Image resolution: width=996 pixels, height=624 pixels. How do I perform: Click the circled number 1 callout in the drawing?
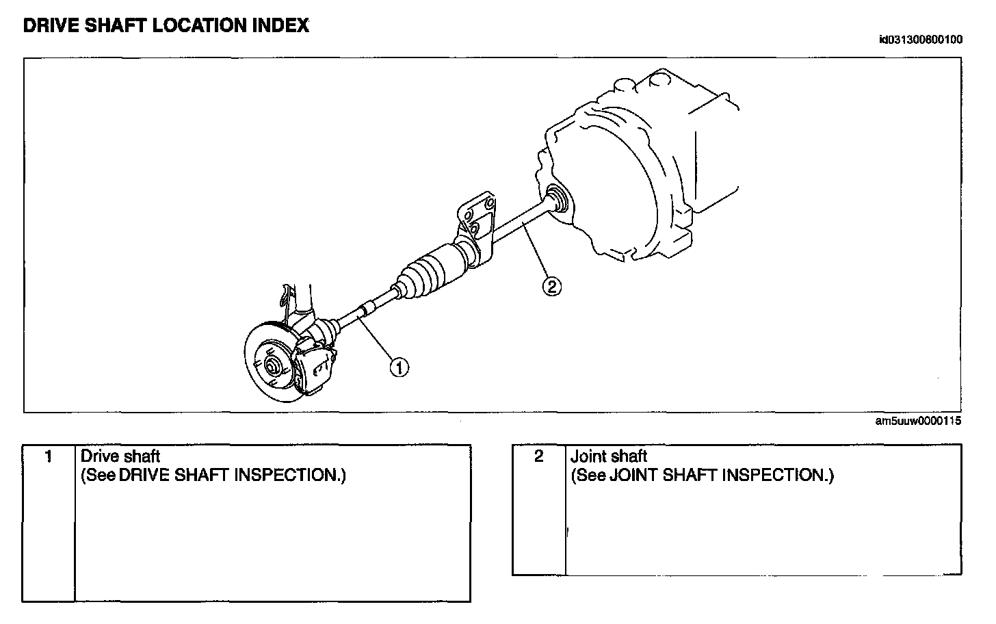coord(399,367)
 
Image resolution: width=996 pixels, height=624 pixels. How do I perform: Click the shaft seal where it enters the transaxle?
coord(557,198)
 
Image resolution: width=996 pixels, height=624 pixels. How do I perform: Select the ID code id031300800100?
coord(920,40)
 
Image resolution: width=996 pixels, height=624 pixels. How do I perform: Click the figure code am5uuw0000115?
coord(918,421)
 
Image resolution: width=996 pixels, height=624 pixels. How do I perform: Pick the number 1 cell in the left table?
coord(48,456)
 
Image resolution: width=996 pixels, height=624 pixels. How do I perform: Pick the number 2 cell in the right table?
coord(539,456)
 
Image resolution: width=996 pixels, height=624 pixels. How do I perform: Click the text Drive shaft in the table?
coord(120,456)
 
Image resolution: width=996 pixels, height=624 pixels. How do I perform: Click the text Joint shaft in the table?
coord(609,456)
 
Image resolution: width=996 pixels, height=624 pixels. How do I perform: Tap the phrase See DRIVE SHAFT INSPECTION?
coord(213,475)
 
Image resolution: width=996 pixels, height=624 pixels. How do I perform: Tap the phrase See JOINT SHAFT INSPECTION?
coord(703,475)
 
